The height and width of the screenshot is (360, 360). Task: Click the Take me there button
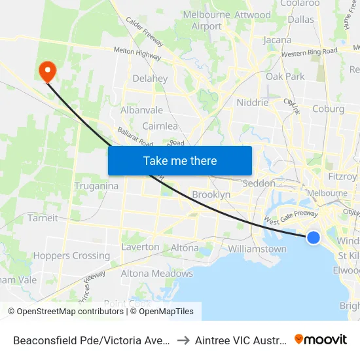180,160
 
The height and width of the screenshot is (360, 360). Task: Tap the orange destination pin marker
48,71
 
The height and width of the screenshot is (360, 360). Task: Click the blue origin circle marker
314,238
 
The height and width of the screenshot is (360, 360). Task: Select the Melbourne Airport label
207,20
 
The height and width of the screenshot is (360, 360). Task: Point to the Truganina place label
96,186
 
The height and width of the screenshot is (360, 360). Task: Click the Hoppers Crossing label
71,255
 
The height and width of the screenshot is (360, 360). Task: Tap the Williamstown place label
257,249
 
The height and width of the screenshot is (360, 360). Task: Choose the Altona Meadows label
157,274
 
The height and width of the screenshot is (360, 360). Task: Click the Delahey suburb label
150,79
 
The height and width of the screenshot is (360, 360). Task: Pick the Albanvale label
141,110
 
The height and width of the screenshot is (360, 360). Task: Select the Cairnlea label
160,126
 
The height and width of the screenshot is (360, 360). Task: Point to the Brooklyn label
211,195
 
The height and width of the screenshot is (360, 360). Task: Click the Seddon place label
259,184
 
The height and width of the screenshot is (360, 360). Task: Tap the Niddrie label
252,103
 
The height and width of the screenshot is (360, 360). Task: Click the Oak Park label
285,77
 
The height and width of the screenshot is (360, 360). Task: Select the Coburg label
329,109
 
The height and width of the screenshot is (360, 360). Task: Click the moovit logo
321,339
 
